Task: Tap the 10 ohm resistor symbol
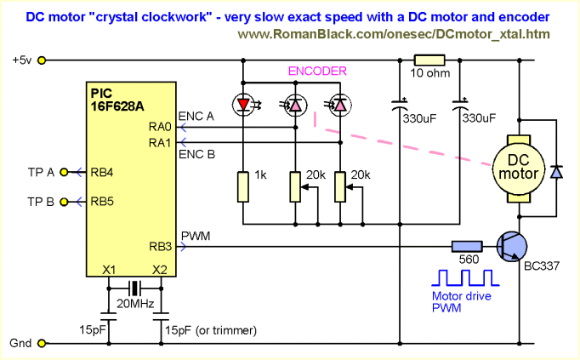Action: pyautogui.click(x=429, y=60)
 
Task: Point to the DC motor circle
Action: pyautogui.click(x=517, y=167)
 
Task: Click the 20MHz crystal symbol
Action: pyautogui.click(x=134, y=287)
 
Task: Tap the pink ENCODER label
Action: pyautogui.click(x=316, y=72)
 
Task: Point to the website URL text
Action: pyautogui.click(x=393, y=35)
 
